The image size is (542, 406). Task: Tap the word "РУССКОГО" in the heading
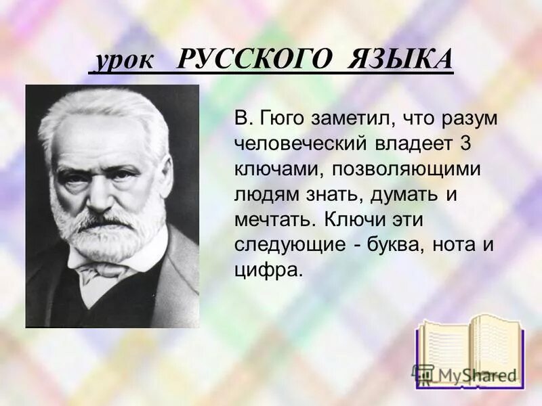pos(255,61)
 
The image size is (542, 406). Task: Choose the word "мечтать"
pos(275,220)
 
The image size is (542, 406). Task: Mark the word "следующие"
pos(290,245)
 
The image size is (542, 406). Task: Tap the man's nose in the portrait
pos(98,193)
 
